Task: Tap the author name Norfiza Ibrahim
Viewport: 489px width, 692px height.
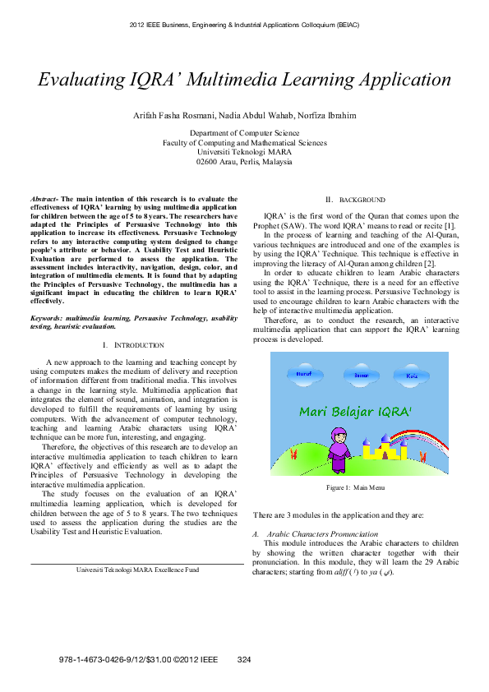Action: click(x=326, y=116)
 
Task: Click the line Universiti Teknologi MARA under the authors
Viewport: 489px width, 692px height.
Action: click(x=244, y=152)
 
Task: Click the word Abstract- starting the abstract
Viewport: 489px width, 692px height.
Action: click(x=46, y=199)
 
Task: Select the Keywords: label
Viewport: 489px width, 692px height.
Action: click(x=48, y=316)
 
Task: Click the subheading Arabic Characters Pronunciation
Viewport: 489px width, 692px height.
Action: click(x=311, y=534)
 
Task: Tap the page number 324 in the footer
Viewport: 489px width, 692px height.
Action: click(x=243, y=660)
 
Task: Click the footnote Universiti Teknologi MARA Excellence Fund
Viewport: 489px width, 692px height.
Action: click(x=137, y=569)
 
